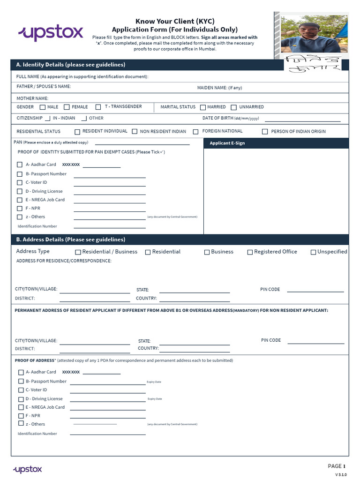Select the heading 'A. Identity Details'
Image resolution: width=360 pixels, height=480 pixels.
(x=70, y=65)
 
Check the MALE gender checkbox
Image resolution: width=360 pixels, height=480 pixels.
(x=43, y=107)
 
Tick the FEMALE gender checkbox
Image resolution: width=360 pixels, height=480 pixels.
(x=67, y=107)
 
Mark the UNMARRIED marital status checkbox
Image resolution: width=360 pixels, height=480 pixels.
(x=234, y=107)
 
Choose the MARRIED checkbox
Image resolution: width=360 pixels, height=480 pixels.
(x=203, y=107)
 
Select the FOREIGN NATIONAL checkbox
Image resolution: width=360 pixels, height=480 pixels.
(x=195, y=132)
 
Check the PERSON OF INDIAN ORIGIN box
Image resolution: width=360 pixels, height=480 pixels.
(x=265, y=132)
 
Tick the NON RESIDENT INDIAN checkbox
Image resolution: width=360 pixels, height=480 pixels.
(x=135, y=132)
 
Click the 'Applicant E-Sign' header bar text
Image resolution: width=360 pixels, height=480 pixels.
(x=227, y=143)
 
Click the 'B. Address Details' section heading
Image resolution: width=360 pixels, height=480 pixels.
(x=70, y=240)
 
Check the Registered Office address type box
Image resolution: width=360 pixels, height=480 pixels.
(x=250, y=252)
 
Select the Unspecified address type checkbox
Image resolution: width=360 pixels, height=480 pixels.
(x=313, y=252)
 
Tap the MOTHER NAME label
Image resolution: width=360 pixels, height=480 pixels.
(x=32, y=98)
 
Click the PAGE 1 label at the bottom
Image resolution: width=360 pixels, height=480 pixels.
(x=337, y=466)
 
